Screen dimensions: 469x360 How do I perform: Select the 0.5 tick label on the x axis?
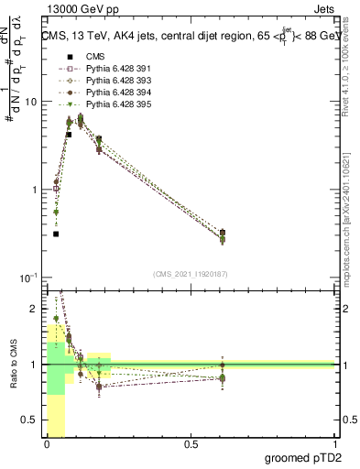[191, 444]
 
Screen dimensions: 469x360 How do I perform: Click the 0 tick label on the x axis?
[46, 444]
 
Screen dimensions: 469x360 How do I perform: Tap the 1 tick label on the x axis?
[334, 444]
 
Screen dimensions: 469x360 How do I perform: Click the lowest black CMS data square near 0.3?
[56, 234]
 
